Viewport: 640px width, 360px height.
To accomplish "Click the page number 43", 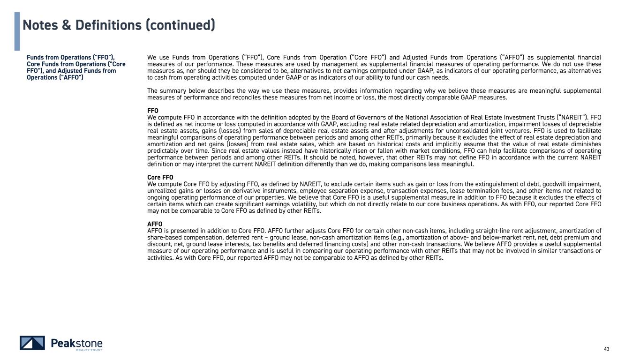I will pyautogui.click(x=607, y=349).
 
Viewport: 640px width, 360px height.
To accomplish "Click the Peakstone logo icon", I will pyautogui.click(x=32, y=343).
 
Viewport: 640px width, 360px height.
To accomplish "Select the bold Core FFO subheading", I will pyautogui.click(x=160, y=178).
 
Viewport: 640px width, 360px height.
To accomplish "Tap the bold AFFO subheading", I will pyautogui.click(x=155, y=224).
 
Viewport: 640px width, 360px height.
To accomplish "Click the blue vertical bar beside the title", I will pyautogui.click(x=17, y=31).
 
